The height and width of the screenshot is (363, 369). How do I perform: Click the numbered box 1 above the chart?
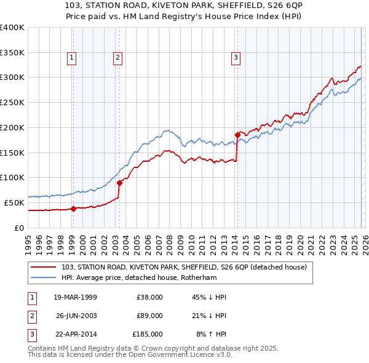pos(72,58)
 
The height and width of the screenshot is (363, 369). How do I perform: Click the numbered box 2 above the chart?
pos(117,58)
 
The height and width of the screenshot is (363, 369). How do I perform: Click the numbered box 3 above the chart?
pos(236,58)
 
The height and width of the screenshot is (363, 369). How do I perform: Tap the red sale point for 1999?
pos(73,209)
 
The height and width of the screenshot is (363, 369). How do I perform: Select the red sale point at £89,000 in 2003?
pos(119,183)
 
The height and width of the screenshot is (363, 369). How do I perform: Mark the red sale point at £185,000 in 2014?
pos(237,134)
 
